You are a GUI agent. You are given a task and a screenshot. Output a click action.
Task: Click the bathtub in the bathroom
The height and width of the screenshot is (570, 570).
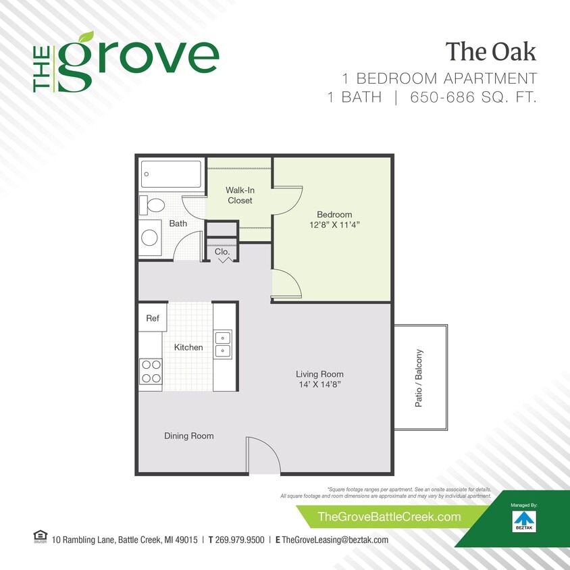click(171, 174)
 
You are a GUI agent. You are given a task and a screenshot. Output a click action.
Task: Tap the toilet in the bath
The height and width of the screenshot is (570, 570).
click(153, 205)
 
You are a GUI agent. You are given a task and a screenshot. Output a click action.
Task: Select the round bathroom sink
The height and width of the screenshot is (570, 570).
click(149, 237)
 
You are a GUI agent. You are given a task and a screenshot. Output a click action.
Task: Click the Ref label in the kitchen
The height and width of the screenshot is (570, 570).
click(153, 318)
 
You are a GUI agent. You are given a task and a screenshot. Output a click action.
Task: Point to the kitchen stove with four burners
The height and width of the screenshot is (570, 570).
click(151, 371)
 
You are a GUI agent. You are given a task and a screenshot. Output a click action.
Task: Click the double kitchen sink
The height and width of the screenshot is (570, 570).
click(223, 344)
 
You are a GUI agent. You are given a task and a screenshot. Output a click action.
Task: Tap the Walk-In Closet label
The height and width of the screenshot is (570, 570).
click(240, 195)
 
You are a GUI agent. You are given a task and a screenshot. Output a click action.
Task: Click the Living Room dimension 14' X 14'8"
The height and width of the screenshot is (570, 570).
click(319, 384)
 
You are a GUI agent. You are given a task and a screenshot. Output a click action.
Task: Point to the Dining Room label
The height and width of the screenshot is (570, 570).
click(189, 436)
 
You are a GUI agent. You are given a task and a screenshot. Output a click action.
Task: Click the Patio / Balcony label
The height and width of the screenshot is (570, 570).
click(419, 378)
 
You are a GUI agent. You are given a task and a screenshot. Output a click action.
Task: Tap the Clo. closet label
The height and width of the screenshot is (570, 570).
click(222, 252)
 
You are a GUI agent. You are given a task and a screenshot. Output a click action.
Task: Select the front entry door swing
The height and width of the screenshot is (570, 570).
click(262, 454)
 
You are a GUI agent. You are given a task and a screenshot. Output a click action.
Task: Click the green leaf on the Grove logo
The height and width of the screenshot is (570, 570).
click(86, 38)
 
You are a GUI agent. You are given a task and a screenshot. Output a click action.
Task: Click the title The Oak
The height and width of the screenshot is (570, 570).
click(490, 51)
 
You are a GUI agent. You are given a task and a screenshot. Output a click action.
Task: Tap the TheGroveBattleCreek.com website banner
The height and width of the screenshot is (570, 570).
click(389, 517)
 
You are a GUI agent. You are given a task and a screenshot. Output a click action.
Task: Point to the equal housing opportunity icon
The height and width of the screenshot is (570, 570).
click(38, 537)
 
